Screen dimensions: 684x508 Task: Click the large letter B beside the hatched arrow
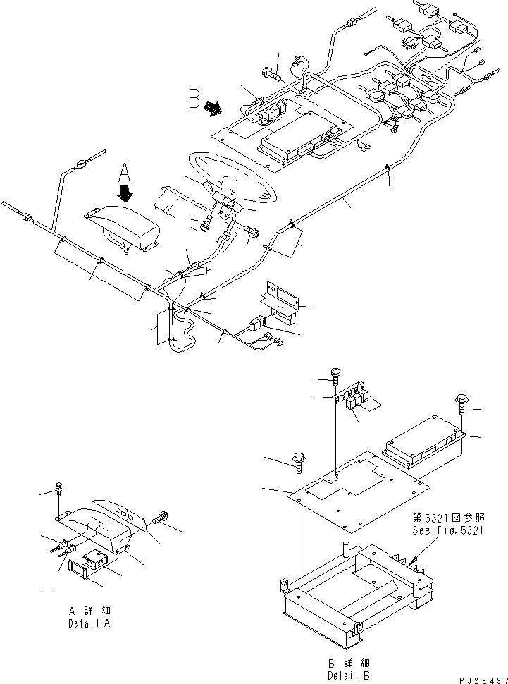click(x=195, y=99)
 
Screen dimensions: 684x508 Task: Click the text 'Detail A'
click(x=89, y=623)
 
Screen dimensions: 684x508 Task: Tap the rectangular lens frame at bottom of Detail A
click(x=79, y=566)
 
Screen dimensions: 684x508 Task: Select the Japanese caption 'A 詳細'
click(x=89, y=611)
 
